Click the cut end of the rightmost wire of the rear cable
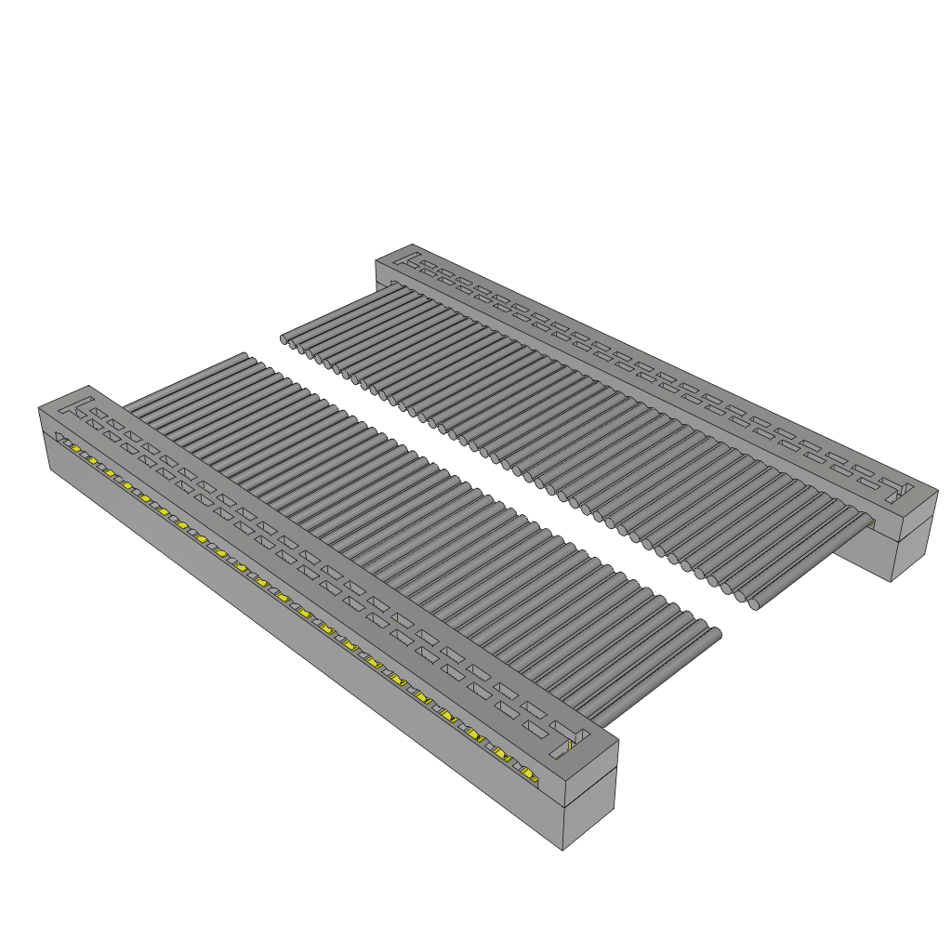755,603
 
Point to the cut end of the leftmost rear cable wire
285,341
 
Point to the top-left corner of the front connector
38,407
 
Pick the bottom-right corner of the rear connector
892,582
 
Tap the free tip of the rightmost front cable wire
716,633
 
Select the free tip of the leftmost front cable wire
245,355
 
